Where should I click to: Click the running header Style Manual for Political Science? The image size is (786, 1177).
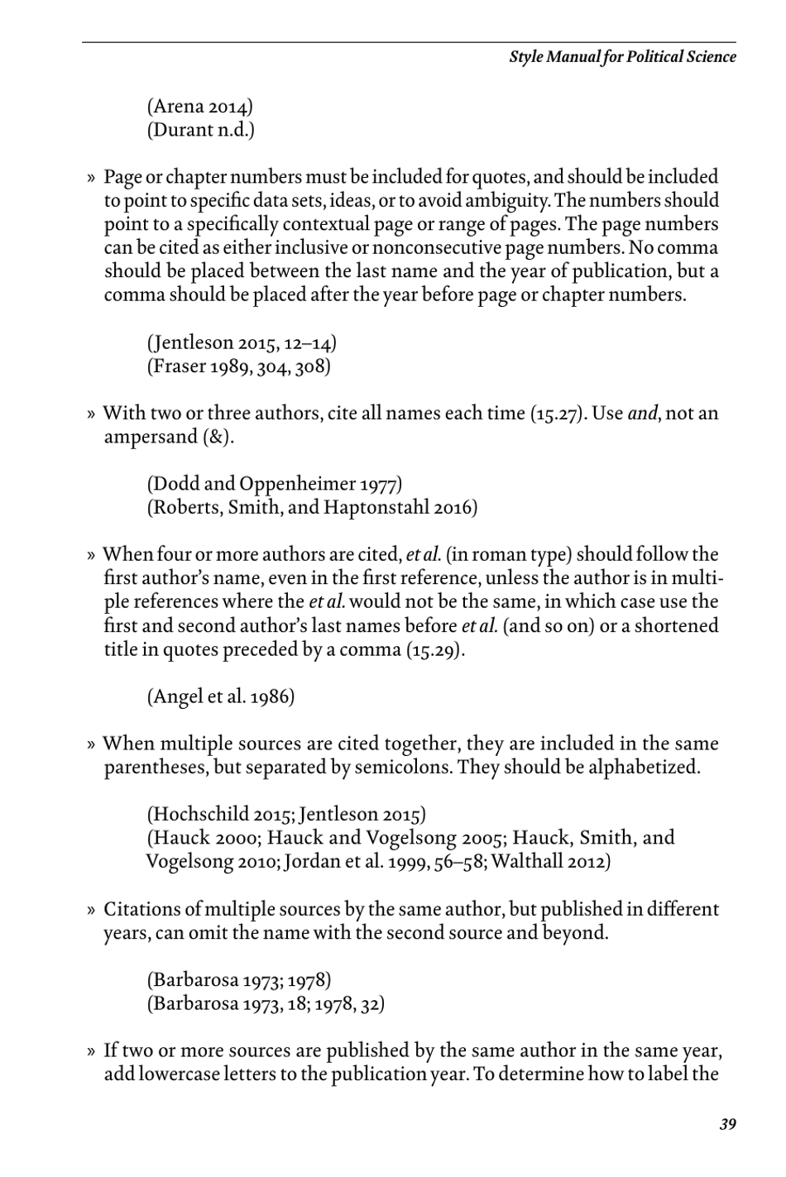click(x=622, y=57)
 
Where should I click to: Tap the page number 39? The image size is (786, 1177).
click(x=727, y=1123)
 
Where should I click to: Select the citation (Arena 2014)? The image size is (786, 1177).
click(x=200, y=107)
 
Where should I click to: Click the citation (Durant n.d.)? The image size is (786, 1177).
click(x=201, y=130)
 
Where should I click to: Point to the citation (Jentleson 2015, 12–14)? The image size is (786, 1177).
click(x=242, y=343)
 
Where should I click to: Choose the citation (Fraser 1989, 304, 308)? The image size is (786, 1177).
click(x=239, y=366)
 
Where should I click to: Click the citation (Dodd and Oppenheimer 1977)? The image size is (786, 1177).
click(x=275, y=484)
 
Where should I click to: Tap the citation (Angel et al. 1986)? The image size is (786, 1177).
click(x=221, y=696)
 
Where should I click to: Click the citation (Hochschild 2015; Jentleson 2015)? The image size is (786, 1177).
click(x=286, y=815)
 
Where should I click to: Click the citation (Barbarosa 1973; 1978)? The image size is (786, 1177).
click(x=239, y=980)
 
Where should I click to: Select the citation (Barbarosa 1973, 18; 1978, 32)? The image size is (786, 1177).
click(x=266, y=1004)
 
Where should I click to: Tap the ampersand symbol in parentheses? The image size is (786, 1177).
click(x=218, y=438)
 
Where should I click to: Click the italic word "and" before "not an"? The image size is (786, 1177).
click(x=641, y=414)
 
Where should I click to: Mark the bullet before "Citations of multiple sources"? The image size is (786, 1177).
click(x=92, y=911)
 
